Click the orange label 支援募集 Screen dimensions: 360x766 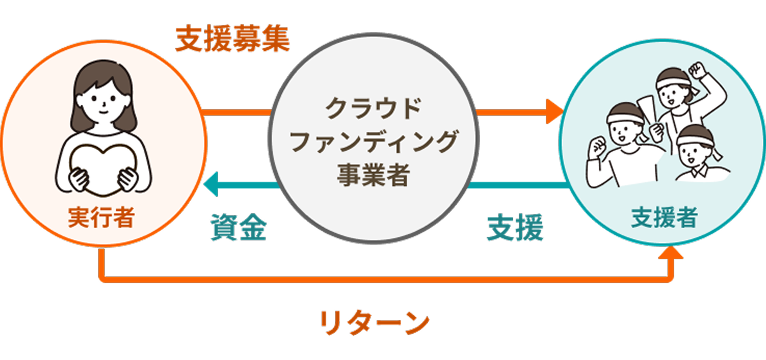233,39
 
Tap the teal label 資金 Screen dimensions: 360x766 238,228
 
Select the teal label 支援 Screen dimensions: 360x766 515,228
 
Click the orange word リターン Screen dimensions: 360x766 375,322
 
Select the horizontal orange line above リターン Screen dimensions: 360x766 380,277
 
